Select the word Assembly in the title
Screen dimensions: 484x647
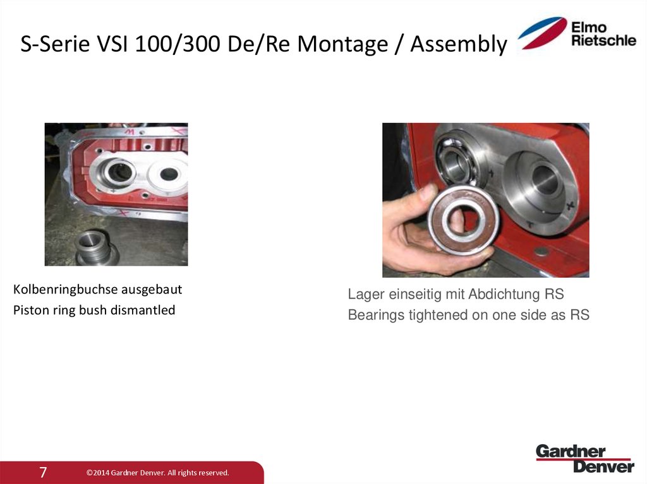pyautogui.click(x=459, y=44)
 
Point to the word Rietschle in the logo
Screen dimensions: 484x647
pyautogui.click(x=603, y=40)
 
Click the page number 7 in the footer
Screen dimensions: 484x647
pyautogui.click(x=43, y=472)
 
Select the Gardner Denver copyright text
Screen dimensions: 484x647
pyautogui.click(x=157, y=473)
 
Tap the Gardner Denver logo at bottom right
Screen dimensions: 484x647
pyautogui.click(x=584, y=459)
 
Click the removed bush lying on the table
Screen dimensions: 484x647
pyautogui.click(x=94, y=247)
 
